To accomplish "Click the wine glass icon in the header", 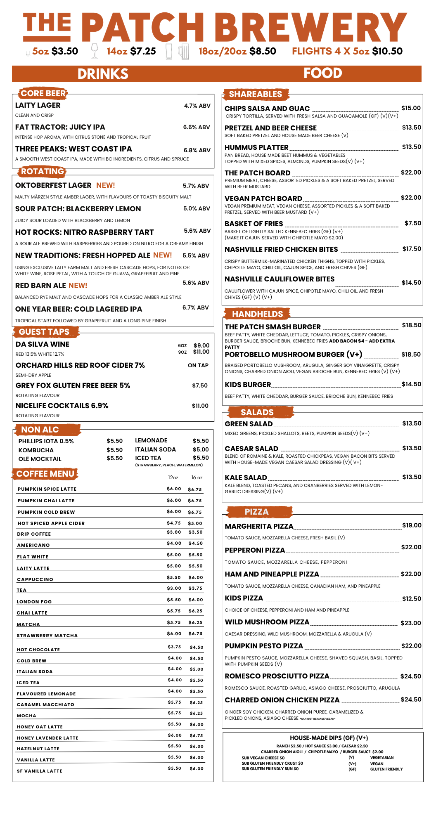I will pos(95,51).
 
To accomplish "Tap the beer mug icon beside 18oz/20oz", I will pos(183,52).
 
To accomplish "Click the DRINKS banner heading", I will pos(103,74).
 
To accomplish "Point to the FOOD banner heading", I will pos(322,73).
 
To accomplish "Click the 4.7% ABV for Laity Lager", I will pos(197,106).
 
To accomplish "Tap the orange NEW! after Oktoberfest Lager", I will pos(106,185).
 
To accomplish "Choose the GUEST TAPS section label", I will pos(44,332).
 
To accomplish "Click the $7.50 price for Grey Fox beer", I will pos(200,385).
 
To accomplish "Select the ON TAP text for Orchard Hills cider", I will pos(198,365).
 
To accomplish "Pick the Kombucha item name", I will pos(36,450).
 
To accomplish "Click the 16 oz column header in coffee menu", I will pos(197,477).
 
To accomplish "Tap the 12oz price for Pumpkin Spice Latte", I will pos(174,489).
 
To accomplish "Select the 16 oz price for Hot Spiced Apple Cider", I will pos(195,523).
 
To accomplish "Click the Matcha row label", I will pos(28,624).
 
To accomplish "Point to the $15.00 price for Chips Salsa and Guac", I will pos(411,108).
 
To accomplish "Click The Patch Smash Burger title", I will pos(272,327).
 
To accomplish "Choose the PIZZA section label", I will pos(256,512).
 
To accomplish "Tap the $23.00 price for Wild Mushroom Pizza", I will pos(411,623).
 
